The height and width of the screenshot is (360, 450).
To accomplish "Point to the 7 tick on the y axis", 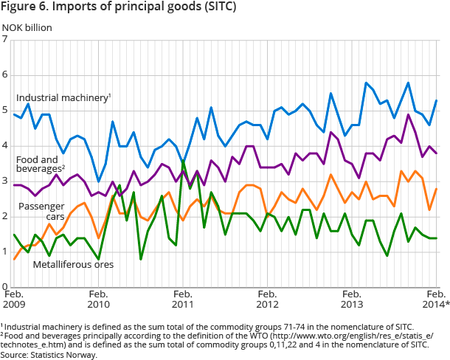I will (5, 40).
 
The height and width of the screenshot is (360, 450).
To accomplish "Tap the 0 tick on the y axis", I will (5, 287).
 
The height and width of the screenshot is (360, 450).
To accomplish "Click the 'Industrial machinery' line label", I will (63, 97).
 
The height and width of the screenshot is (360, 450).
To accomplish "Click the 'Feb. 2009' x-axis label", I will (14, 299).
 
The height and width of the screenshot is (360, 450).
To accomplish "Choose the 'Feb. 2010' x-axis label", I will (99, 299).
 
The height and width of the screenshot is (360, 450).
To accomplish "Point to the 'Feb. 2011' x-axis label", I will (183, 299).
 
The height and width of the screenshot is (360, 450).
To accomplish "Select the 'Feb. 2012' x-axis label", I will (267, 299).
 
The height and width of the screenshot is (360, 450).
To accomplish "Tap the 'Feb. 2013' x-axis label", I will (352, 299).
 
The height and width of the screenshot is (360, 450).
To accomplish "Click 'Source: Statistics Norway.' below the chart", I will (49, 355).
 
